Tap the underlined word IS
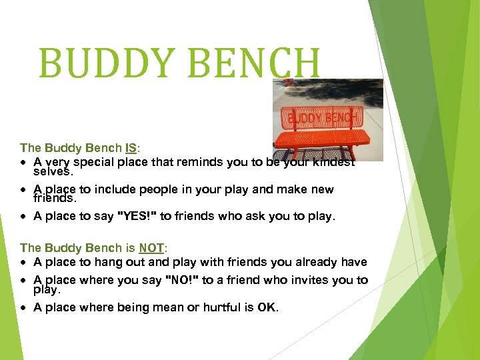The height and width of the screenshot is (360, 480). pyautogui.click(x=132, y=148)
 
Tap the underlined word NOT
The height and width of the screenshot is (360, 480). pyautogui.click(x=151, y=248)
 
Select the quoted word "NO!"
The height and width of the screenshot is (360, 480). pyautogui.click(x=181, y=280)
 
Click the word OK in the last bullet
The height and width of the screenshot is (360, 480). pyautogui.click(x=267, y=307)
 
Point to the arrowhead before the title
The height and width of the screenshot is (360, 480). pyautogui.click(x=24, y=63)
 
